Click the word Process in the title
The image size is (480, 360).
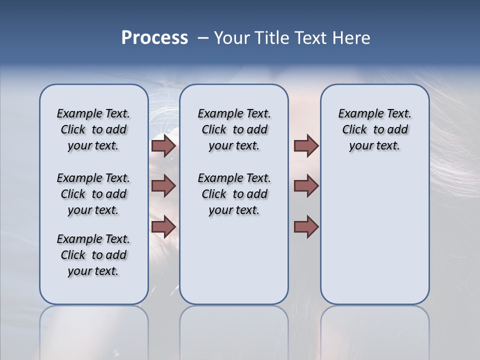(x=154, y=38)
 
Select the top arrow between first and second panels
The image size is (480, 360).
(x=163, y=145)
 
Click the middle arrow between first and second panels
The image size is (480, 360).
(x=163, y=186)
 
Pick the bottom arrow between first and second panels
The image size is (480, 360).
(x=163, y=226)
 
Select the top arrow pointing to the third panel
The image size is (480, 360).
(x=306, y=145)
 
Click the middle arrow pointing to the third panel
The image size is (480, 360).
(x=306, y=186)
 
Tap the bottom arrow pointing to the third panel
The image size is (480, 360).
(x=306, y=226)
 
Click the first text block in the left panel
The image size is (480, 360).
(x=93, y=129)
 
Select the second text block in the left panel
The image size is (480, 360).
(x=93, y=194)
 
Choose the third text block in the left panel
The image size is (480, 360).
(x=93, y=255)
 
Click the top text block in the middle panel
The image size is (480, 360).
(x=234, y=129)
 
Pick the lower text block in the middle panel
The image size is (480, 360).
(x=234, y=194)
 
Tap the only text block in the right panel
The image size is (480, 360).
(x=374, y=129)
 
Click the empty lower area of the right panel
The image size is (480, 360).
(x=374, y=240)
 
